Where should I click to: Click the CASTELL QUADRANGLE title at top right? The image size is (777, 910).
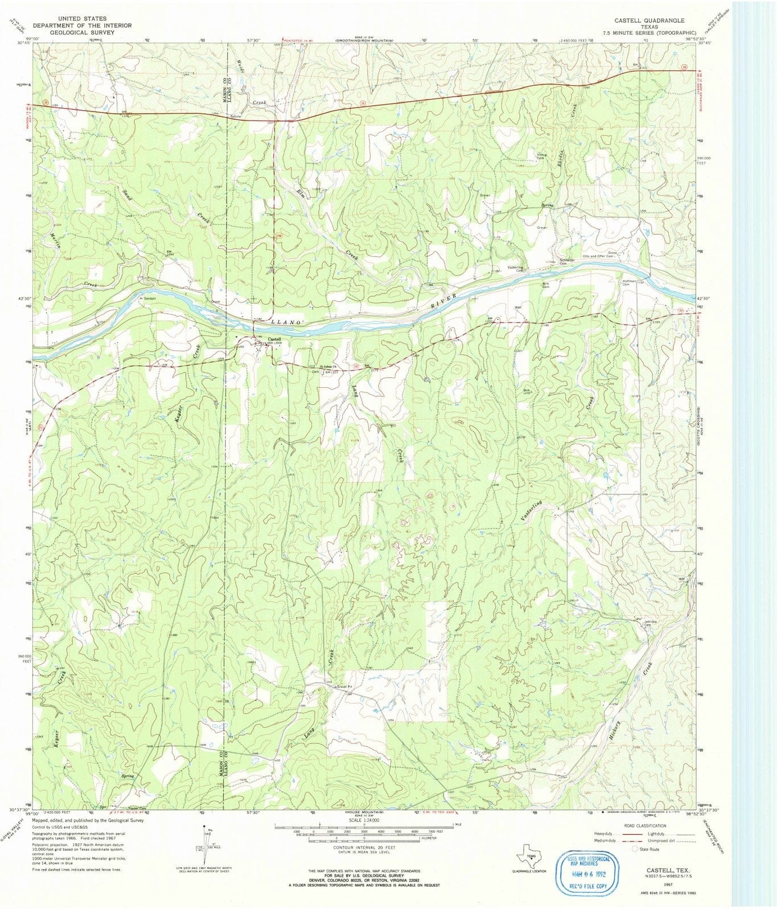click(x=649, y=20)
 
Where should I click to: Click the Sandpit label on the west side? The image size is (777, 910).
click(x=149, y=297)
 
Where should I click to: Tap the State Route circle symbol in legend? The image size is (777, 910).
click(x=635, y=849)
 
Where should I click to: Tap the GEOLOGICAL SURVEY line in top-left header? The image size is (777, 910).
click(x=83, y=32)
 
